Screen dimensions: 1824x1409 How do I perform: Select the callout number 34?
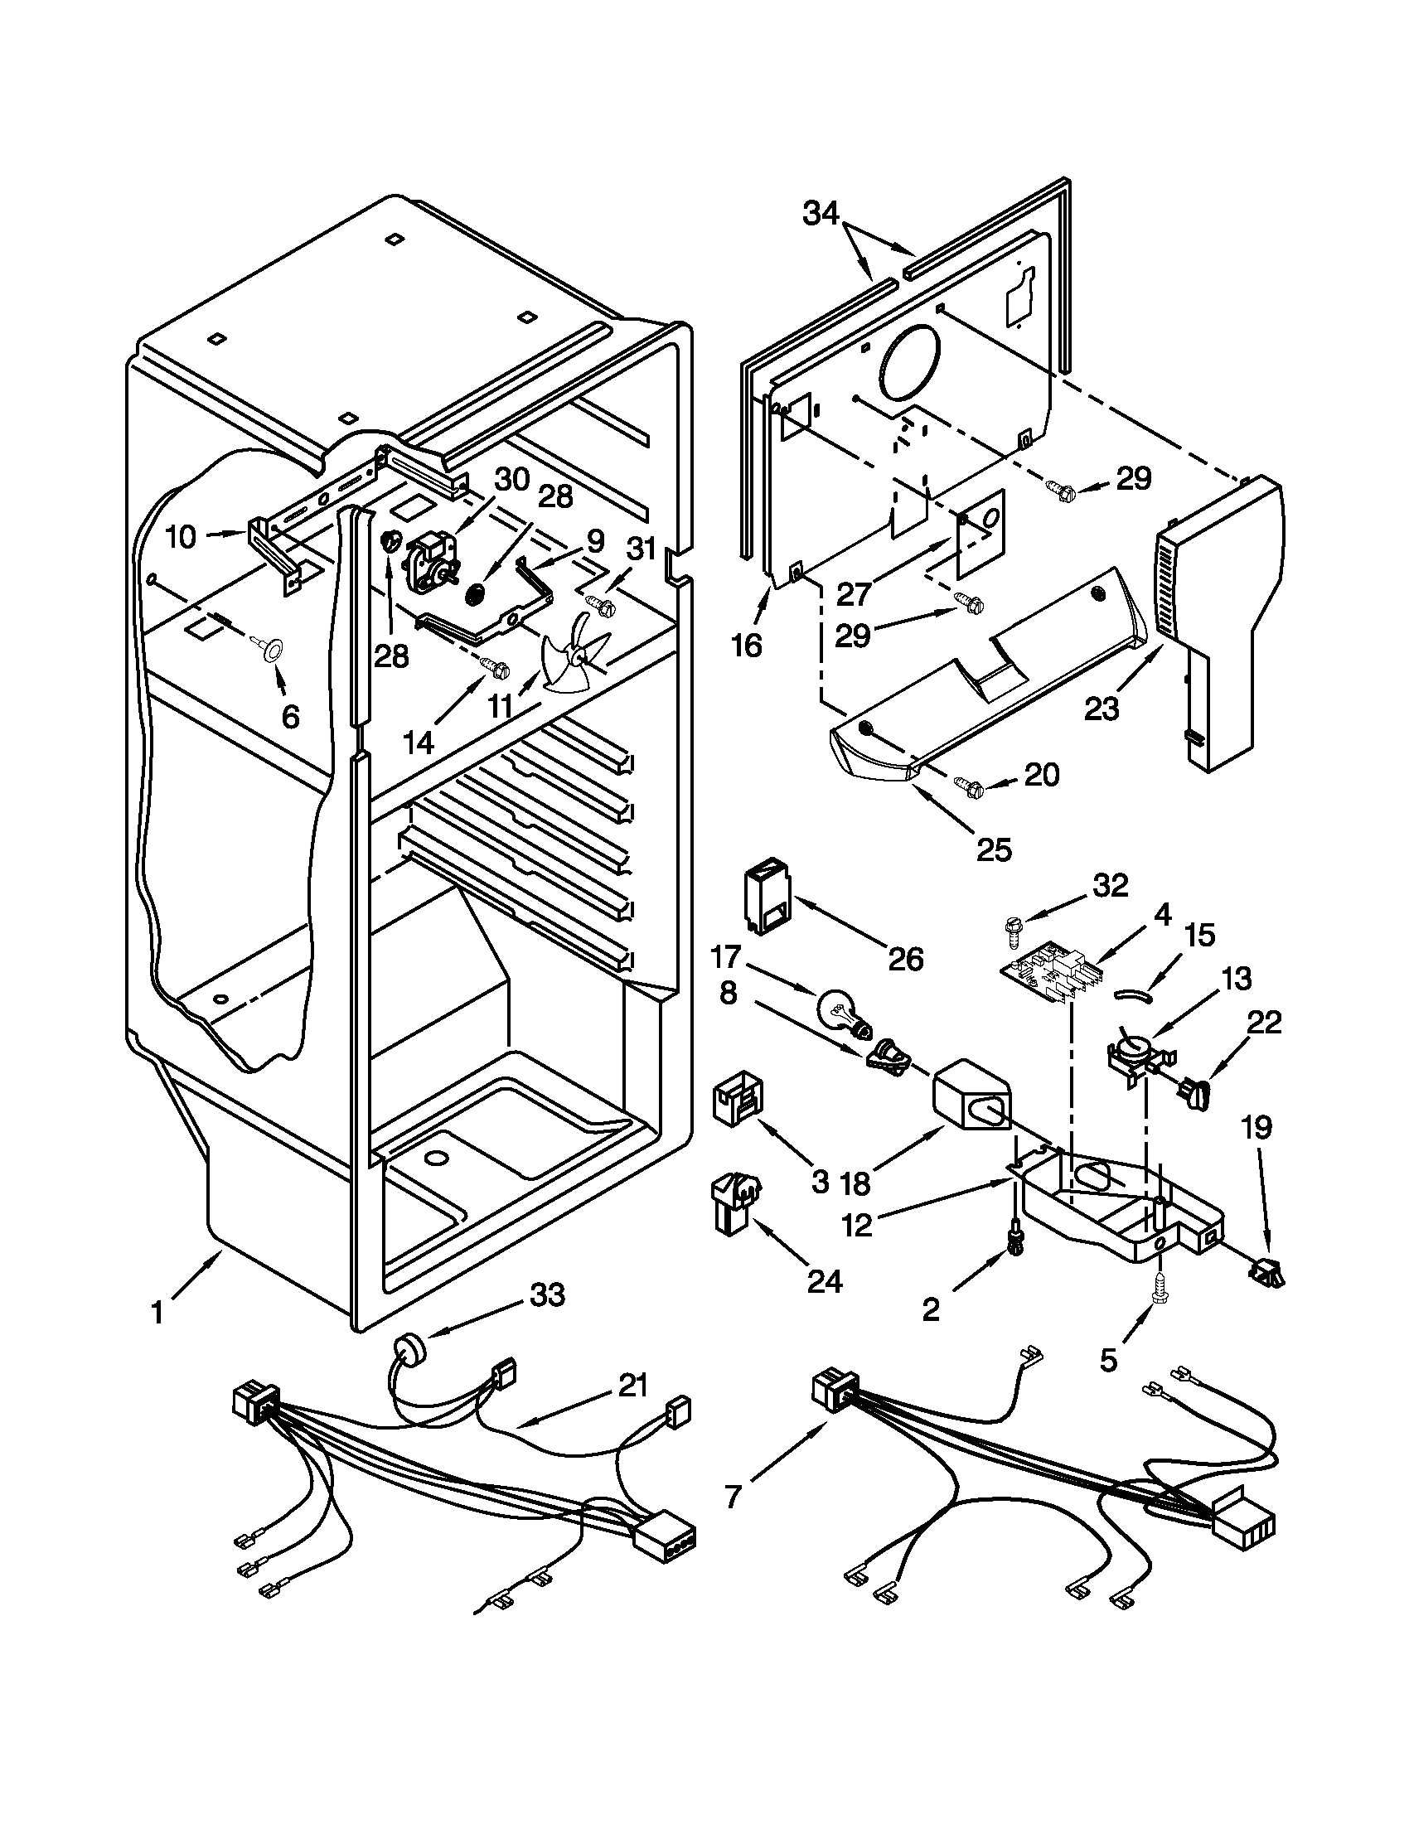click(821, 215)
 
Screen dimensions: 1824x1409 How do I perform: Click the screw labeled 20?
click(970, 786)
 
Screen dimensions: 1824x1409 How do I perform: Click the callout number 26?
click(906, 960)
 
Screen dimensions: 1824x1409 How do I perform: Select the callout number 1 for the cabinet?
click(157, 1314)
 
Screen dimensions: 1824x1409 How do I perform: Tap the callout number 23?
click(1102, 709)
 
